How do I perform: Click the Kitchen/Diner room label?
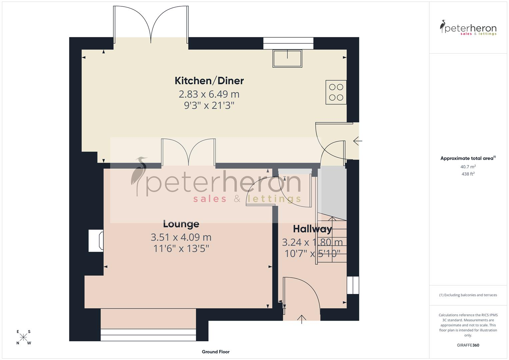click(209, 81)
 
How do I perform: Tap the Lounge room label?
click(181, 224)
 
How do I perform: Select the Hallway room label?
click(312, 229)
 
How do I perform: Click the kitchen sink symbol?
click(287, 58)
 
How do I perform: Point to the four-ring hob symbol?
click(336, 92)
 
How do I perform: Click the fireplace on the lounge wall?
click(96, 241)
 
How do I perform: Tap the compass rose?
click(23, 337)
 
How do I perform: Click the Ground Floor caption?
click(216, 352)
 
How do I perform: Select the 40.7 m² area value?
click(468, 167)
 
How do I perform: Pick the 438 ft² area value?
click(468, 174)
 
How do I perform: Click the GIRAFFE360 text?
click(468, 345)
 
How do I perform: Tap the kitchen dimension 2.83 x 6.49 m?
click(209, 94)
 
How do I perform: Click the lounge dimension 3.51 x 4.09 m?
click(181, 237)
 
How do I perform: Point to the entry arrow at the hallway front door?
click(302, 319)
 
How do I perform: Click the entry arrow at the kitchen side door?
click(358, 141)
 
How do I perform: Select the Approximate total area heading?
click(468, 158)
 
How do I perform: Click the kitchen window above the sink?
click(288, 43)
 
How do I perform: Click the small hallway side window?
click(353, 285)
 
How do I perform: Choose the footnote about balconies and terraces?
click(468, 295)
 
